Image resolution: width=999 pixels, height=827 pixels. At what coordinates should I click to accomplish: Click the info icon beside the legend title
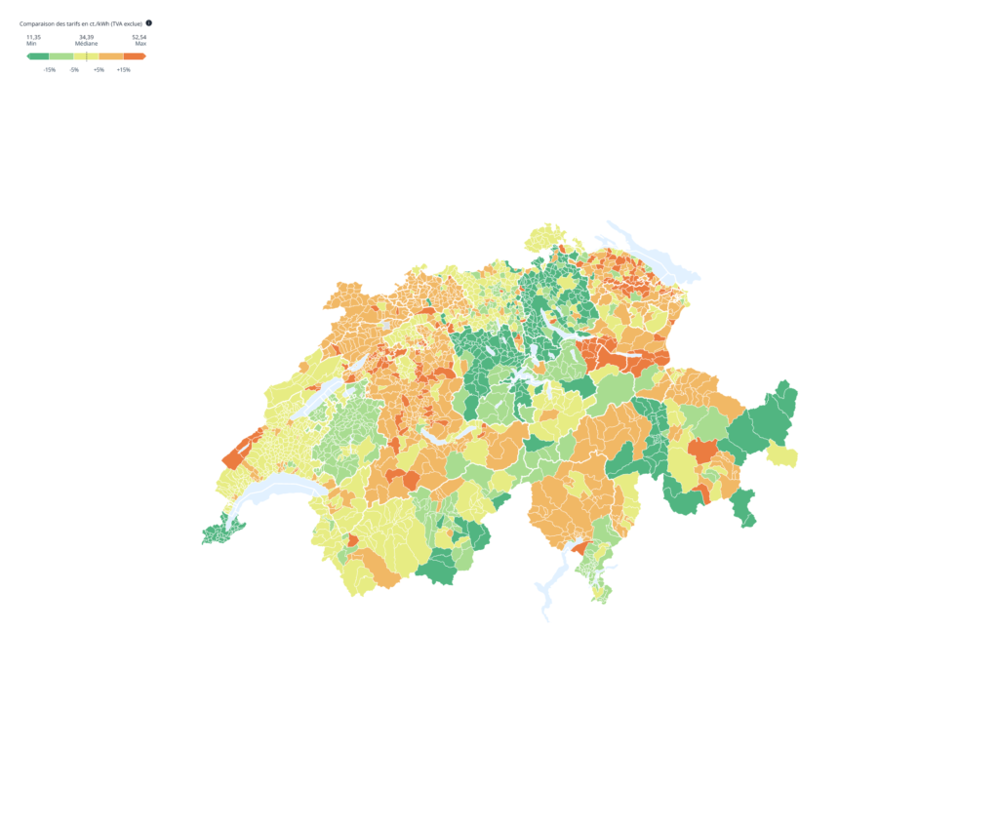tap(148, 22)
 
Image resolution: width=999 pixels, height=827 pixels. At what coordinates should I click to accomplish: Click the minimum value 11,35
tap(33, 37)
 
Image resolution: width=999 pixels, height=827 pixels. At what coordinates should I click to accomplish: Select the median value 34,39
tap(86, 37)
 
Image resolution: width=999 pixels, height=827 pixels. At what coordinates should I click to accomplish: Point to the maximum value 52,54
tap(140, 37)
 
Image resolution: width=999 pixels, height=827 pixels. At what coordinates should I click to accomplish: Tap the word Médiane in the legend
tap(86, 44)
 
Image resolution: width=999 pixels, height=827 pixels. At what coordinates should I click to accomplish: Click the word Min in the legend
tap(31, 44)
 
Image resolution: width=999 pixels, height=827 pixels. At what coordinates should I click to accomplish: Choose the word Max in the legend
tap(140, 44)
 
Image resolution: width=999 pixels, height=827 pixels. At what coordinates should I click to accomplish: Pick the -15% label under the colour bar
tap(49, 70)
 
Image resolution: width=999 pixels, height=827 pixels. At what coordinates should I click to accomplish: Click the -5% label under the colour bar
tap(74, 70)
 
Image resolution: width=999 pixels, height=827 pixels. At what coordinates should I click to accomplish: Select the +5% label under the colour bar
tap(99, 70)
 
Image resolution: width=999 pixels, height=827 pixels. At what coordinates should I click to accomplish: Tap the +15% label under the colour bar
tap(124, 70)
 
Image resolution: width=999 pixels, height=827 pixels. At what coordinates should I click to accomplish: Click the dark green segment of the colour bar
tap(38, 57)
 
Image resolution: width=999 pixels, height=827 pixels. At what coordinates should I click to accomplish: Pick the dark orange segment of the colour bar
tap(135, 57)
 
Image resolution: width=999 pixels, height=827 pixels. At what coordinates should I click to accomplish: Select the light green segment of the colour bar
tap(60, 57)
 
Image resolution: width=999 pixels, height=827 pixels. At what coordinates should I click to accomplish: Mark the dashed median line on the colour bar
tap(86, 57)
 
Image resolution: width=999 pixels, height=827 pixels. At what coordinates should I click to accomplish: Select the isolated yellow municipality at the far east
tap(782, 454)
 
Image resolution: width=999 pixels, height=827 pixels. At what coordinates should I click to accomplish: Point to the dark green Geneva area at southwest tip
tap(220, 534)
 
